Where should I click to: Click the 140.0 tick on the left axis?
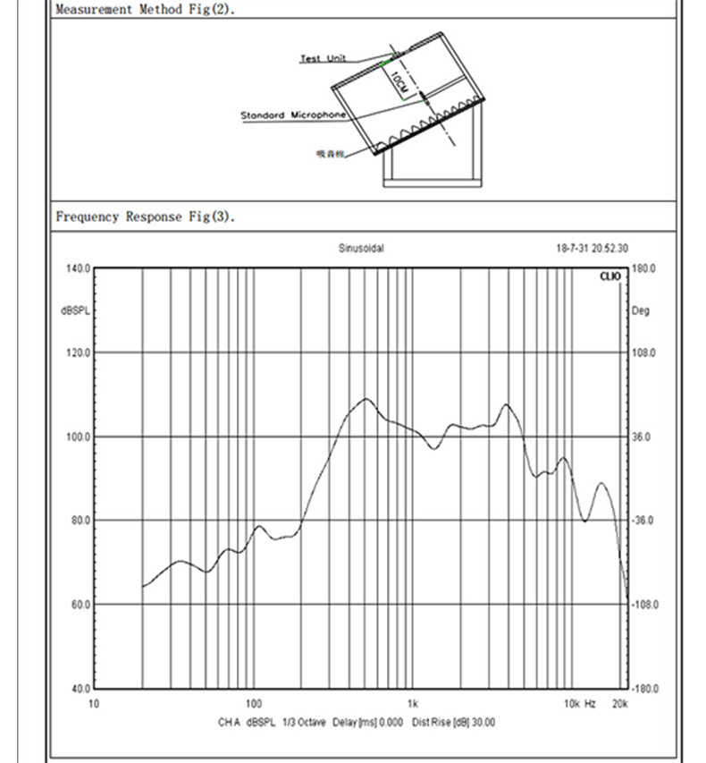(x=79, y=268)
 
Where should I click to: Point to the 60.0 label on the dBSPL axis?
(x=79, y=605)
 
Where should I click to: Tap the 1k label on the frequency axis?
(x=412, y=704)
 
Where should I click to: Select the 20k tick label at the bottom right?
(x=619, y=704)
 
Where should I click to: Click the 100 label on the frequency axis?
(x=253, y=704)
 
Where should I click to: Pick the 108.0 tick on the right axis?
(x=644, y=353)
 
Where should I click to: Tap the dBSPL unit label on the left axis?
(x=75, y=311)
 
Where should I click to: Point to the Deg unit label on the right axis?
(x=641, y=311)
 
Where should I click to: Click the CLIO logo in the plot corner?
(x=610, y=277)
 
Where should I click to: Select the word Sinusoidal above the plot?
(x=361, y=249)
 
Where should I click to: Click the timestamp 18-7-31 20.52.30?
(x=592, y=249)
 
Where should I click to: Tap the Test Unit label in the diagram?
(x=323, y=59)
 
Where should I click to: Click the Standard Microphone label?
(x=293, y=115)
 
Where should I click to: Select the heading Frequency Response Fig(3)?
(x=146, y=216)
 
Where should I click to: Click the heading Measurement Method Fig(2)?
(x=145, y=9)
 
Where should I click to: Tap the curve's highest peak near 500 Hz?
(x=366, y=399)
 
